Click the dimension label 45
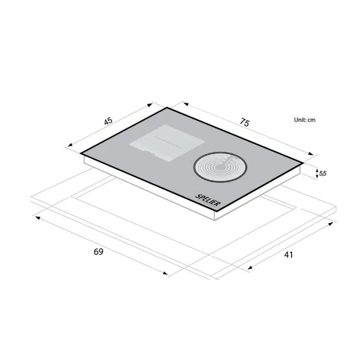coord(108,121)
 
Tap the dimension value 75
coord(244,122)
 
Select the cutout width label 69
coord(99,252)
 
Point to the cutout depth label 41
coord(288,255)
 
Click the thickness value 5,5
coord(323,173)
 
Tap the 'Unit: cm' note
coord(305,120)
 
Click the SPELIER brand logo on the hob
coord(208,200)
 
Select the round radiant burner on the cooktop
coord(220,167)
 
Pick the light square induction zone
coord(167,143)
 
